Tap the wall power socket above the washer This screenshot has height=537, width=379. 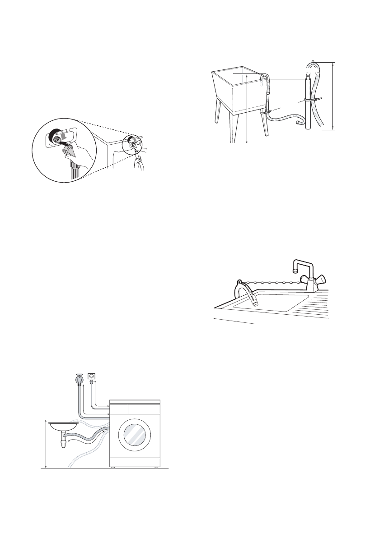[x=92, y=375]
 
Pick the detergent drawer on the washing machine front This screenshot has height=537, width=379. [x=119, y=409]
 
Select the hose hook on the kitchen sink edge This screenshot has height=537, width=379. [x=238, y=286]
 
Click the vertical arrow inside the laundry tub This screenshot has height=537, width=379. [x=248, y=108]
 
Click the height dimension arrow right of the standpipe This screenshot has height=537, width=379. [x=334, y=96]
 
